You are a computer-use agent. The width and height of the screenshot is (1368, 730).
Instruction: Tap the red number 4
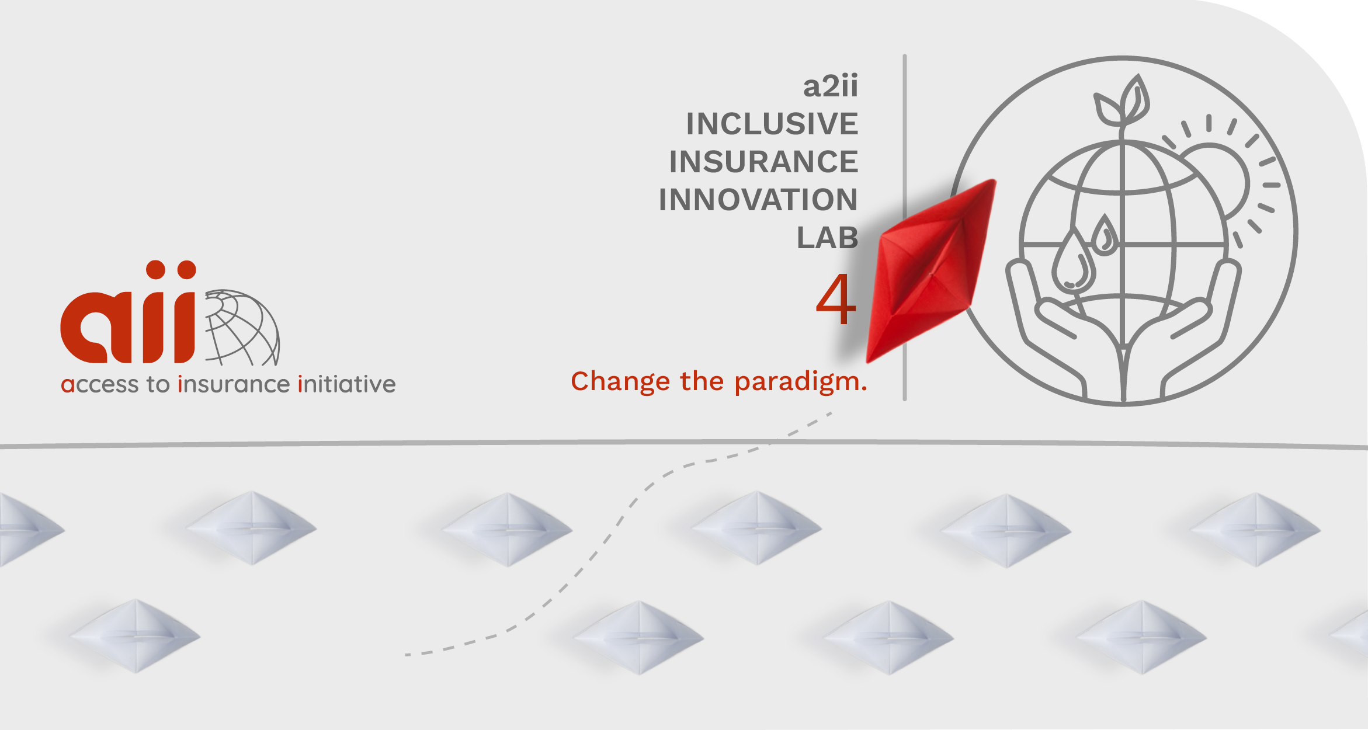click(836, 299)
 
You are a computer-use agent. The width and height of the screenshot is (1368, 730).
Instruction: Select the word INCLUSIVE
click(772, 124)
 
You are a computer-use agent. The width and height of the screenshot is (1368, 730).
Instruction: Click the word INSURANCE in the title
click(764, 162)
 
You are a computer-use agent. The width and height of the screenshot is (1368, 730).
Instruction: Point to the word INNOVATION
click(758, 200)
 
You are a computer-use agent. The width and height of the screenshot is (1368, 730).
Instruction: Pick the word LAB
click(828, 238)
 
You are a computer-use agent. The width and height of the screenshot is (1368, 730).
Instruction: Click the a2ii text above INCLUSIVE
click(831, 86)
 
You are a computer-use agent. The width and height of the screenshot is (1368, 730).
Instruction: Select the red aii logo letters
click(128, 312)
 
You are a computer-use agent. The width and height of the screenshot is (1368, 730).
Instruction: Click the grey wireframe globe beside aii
click(242, 328)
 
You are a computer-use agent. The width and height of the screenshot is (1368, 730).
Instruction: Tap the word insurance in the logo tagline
click(234, 384)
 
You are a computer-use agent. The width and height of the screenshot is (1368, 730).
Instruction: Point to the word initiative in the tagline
click(347, 384)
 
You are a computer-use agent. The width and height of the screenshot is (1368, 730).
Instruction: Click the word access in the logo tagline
click(100, 385)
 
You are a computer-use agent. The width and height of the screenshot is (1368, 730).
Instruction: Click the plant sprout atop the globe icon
click(1122, 102)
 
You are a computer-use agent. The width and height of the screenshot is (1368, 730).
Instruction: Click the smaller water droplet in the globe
click(1105, 235)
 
